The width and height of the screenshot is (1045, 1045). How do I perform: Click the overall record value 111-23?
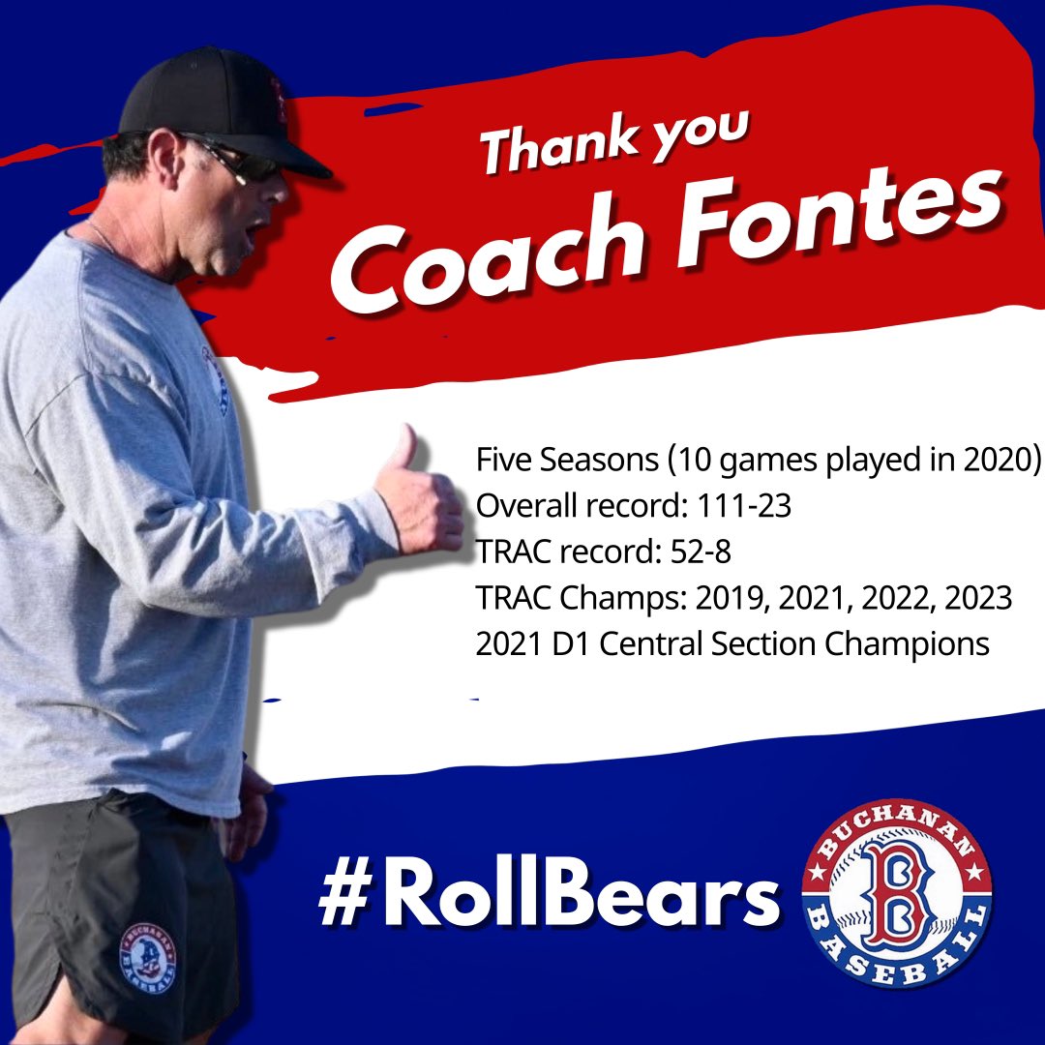click(x=738, y=505)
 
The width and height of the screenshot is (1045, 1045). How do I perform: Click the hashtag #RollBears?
click(x=548, y=897)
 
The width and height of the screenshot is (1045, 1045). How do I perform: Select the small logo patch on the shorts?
click(x=147, y=958)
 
